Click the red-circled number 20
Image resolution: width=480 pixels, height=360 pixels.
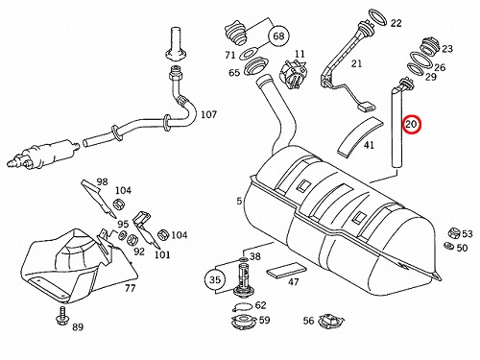pos(411,124)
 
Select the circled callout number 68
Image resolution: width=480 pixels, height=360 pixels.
pos(278,36)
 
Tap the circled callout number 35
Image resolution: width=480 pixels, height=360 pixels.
pos(215,280)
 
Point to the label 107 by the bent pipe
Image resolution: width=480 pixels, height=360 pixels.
pos(208,114)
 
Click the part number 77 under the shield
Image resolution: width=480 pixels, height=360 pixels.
pos(130,288)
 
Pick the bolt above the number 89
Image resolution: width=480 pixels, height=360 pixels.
pos(61,316)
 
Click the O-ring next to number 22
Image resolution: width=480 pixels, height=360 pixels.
pos(377,17)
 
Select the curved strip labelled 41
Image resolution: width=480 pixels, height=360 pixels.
pos(360,136)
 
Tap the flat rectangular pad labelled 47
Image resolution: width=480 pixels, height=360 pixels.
pos(287,271)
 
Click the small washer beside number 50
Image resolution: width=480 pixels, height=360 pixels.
pos(449,246)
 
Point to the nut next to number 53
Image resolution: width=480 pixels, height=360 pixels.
pos(453,232)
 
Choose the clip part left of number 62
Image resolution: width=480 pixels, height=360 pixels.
pos(243,307)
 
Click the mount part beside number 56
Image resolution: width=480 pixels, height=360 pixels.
pos(331,321)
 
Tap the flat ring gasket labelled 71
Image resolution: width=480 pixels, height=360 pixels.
pos(250,54)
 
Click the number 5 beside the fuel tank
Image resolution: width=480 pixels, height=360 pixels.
pos(239,201)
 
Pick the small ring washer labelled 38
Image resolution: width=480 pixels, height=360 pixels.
pos(243,258)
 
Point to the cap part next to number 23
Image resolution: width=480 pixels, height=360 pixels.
pos(429,46)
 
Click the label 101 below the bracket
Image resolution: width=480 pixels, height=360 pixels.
pos(162,255)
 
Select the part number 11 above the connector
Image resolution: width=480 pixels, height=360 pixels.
pos(300,54)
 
